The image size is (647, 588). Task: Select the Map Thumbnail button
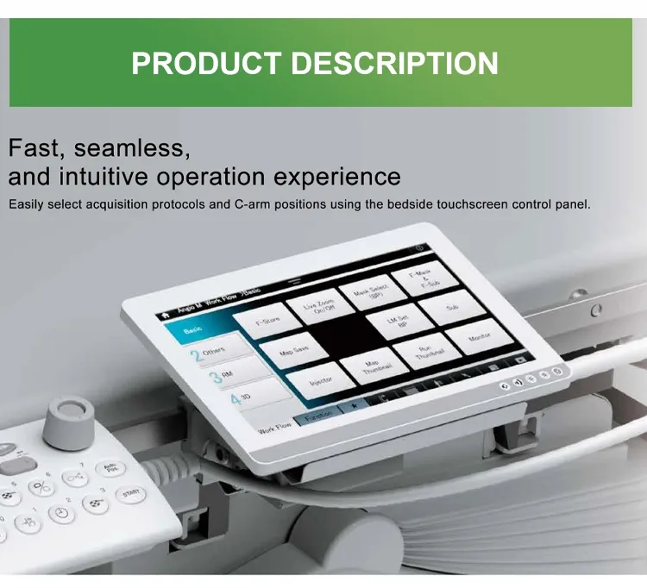click(x=372, y=366)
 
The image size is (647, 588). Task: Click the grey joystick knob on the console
click(x=66, y=417)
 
